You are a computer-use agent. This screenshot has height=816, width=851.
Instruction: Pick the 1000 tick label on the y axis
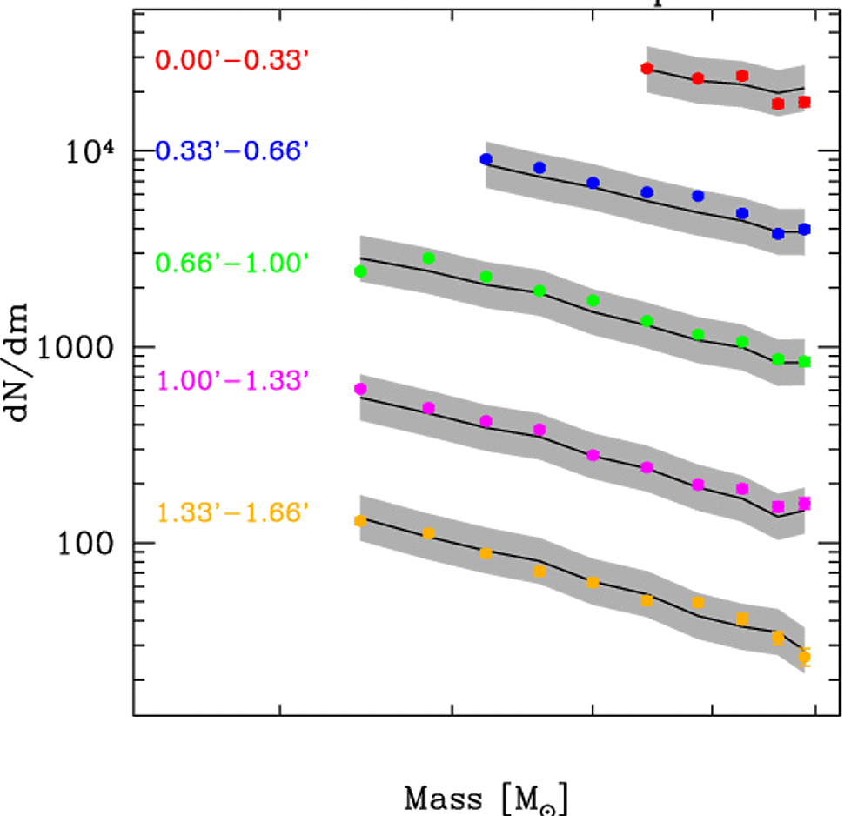tap(86, 347)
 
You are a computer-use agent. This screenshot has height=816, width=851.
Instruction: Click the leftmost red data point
tap(647, 68)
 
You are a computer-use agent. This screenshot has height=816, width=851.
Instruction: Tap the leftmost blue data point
tap(486, 159)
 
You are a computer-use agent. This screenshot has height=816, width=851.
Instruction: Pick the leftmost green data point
tap(360, 271)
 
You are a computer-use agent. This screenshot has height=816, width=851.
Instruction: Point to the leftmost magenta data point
tap(360, 389)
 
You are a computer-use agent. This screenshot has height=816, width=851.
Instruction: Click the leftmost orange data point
tap(360, 520)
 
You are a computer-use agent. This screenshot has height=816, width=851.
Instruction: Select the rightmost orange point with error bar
tap(804, 657)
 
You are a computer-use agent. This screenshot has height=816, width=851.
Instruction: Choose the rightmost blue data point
tap(804, 229)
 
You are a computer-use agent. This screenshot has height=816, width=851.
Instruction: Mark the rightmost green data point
tap(804, 361)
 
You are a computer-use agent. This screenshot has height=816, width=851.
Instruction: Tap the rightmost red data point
tap(804, 102)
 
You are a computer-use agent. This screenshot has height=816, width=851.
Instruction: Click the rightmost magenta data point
tap(804, 503)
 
